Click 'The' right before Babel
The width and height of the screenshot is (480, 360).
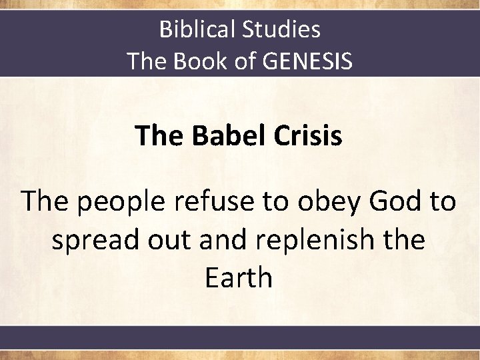click(x=161, y=136)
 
